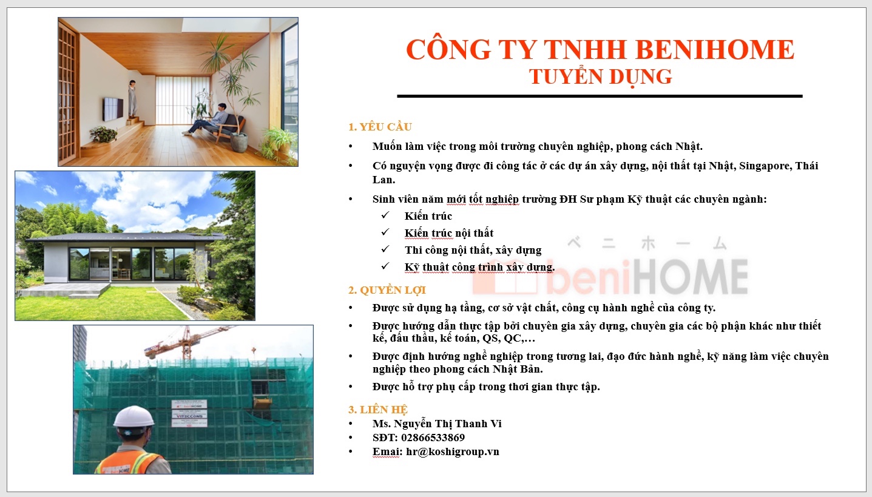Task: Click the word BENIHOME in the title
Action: coord(715,49)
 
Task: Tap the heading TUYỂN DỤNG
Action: coord(600,76)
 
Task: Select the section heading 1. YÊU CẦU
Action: coord(380,127)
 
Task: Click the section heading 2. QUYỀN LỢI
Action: coord(387,290)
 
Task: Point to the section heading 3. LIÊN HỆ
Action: coord(377,410)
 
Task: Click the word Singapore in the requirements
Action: coord(765,166)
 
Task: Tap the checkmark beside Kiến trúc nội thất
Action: coord(385,232)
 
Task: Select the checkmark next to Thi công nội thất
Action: coord(385,249)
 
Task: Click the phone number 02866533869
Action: coord(433,438)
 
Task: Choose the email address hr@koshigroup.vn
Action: coord(452,451)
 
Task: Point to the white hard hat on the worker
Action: coord(134,417)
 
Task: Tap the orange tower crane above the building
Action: coord(187,342)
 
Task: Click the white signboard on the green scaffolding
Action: coord(189,413)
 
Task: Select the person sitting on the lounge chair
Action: coord(209,120)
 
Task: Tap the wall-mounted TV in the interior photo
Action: coord(113,109)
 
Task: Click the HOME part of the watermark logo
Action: coord(691,277)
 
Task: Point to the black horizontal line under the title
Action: coord(600,96)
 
